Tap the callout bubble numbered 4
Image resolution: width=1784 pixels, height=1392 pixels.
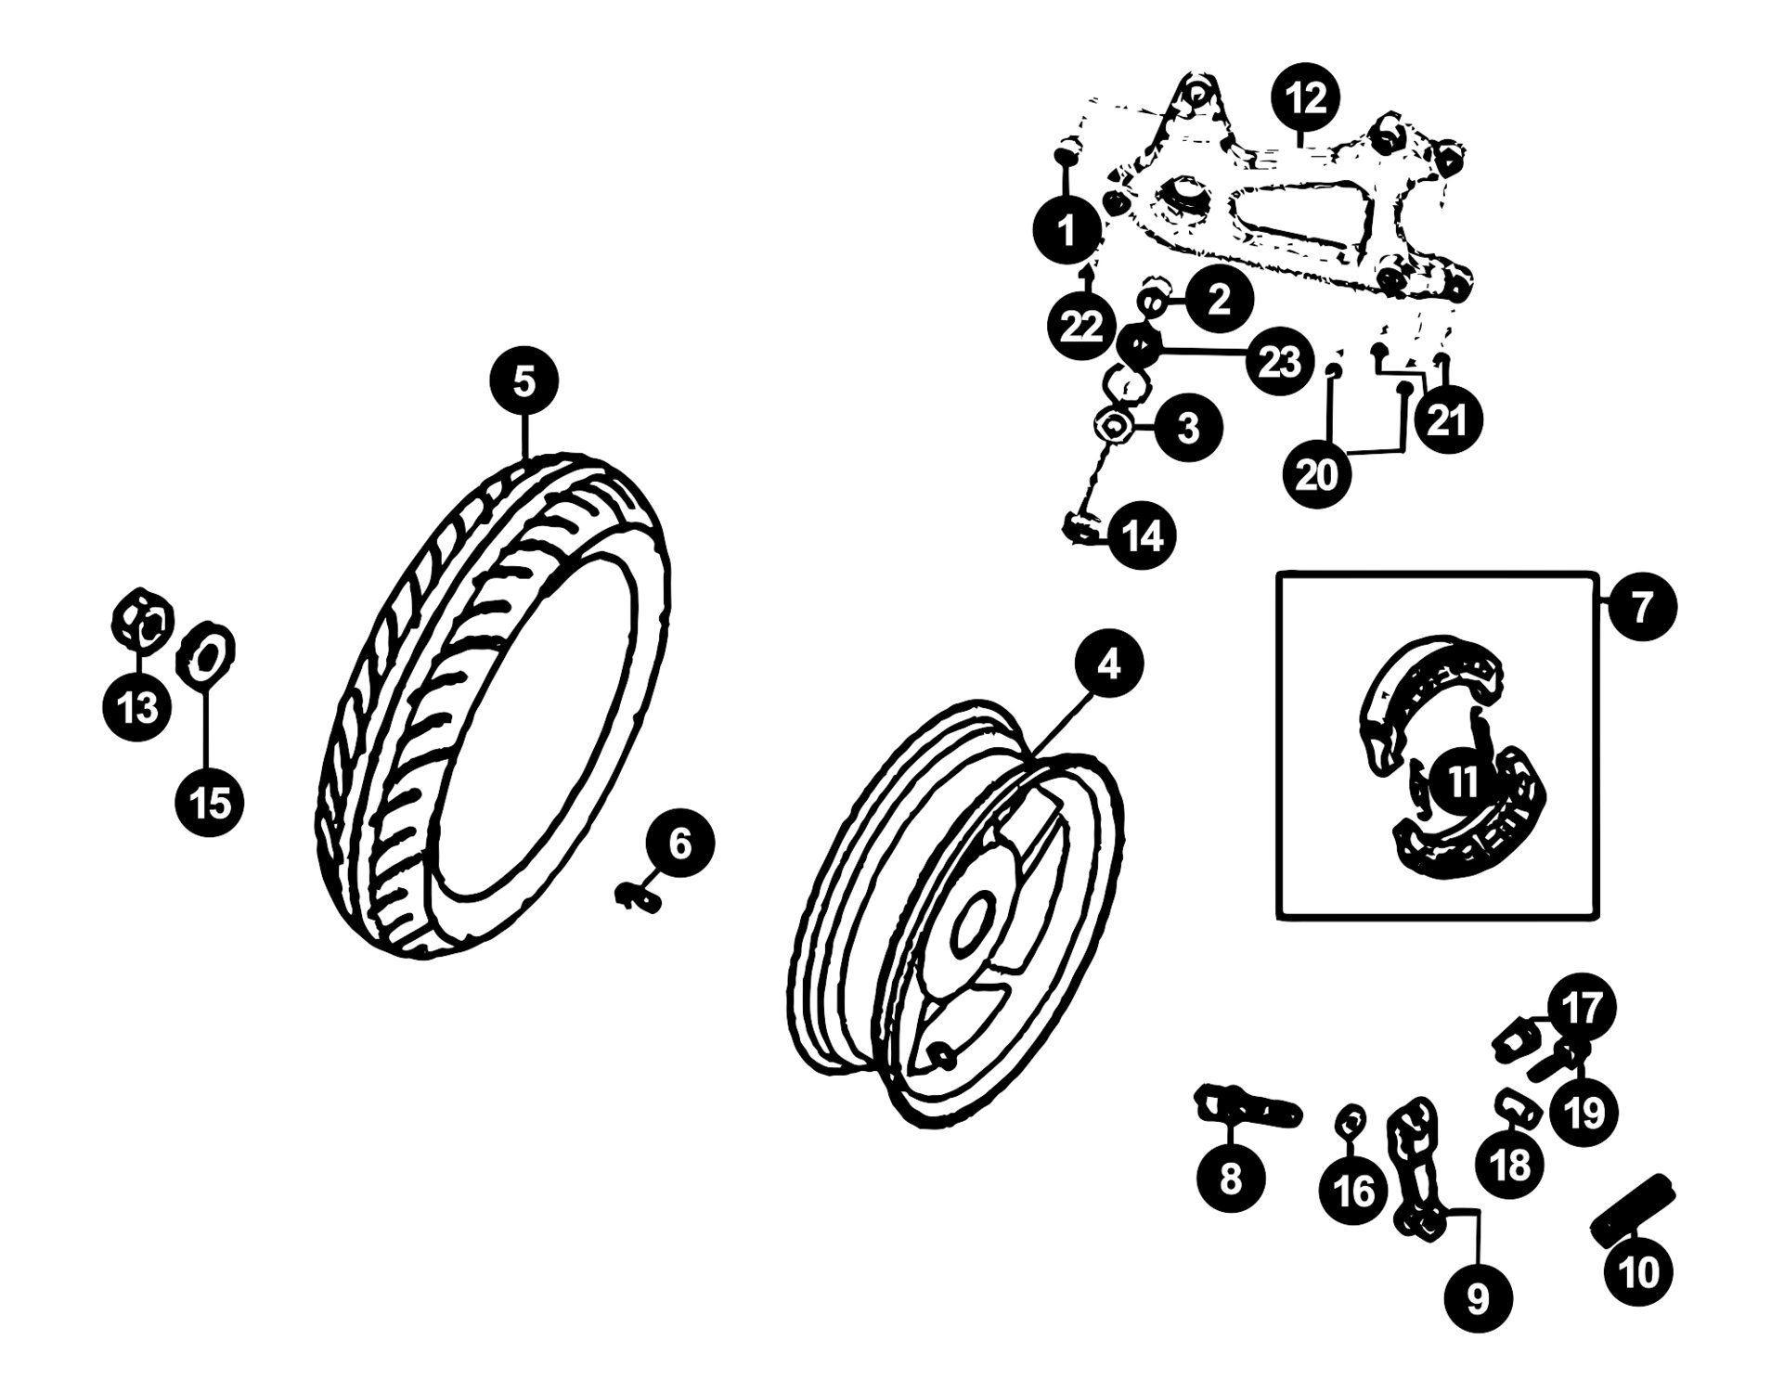[1109, 664]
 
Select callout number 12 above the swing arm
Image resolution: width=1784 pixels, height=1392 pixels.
[1306, 98]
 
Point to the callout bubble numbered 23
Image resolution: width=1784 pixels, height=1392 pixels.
[1279, 361]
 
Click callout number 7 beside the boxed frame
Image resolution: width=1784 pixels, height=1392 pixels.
[1643, 608]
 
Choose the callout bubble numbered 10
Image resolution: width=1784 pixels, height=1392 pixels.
[1640, 1271]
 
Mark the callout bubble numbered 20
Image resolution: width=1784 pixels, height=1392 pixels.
[1317, 474]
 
